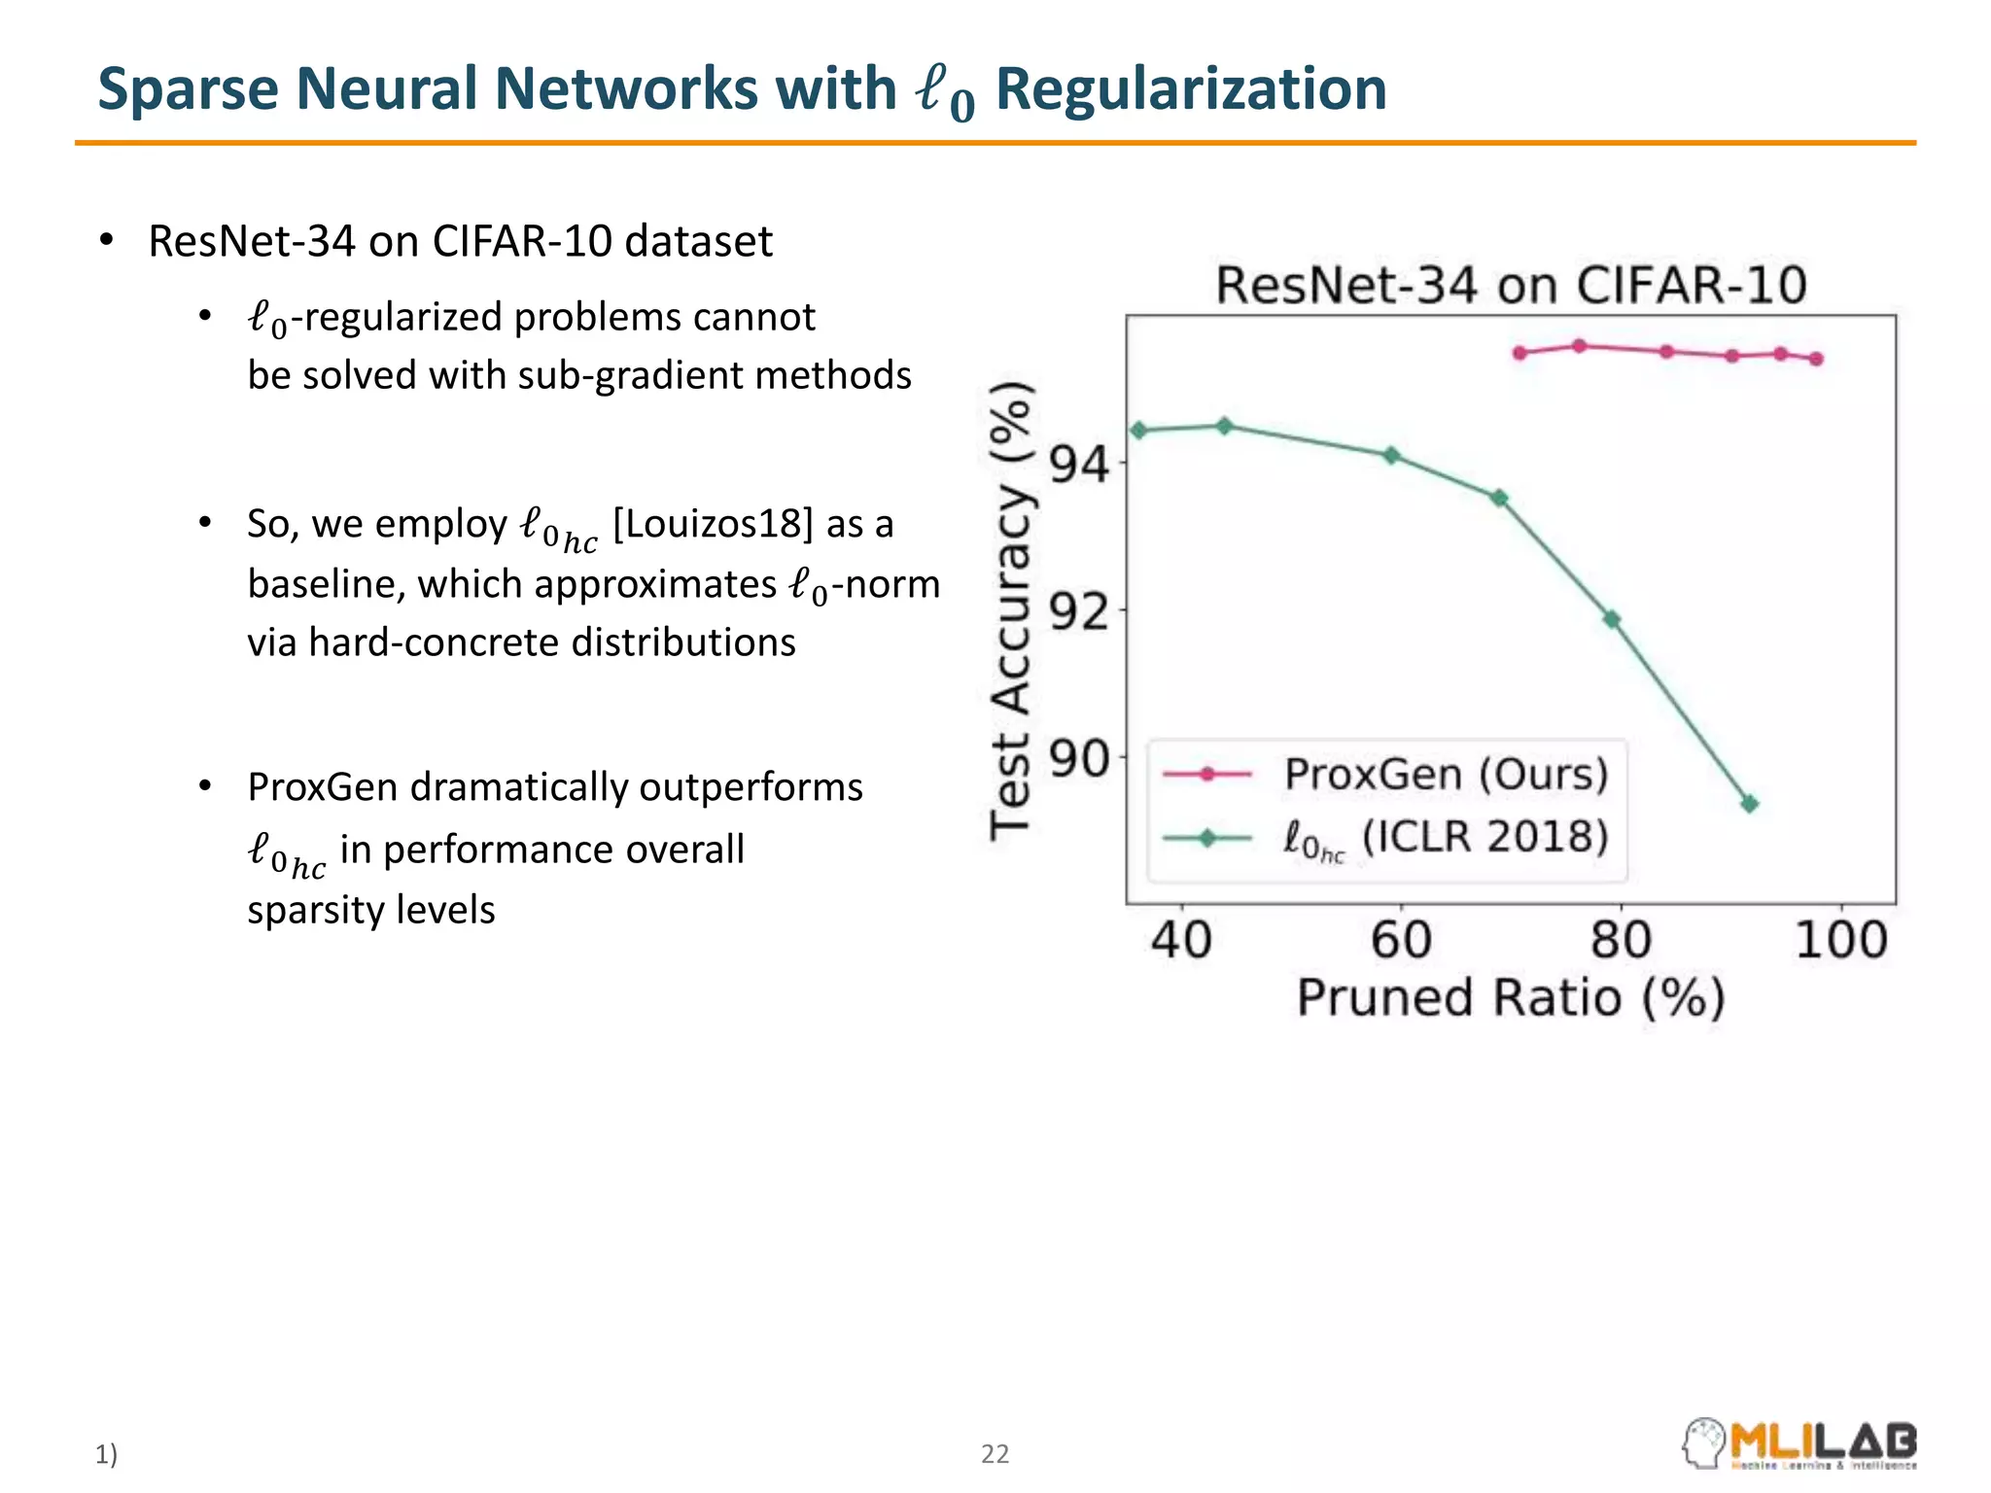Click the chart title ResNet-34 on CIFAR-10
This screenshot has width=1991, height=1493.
tap(1511, 286)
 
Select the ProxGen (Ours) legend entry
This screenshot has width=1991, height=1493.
tap(1446, 775)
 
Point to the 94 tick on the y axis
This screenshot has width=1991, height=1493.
tap(1079, 465)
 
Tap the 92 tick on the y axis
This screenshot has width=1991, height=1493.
tap(1079, 612)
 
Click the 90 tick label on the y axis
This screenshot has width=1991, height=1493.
tap(1079, 759)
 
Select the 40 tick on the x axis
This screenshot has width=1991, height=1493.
tap(1181, 940)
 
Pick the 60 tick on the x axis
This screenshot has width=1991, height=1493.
tap(1401, 940)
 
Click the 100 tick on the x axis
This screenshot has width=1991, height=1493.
tap(1840, 940)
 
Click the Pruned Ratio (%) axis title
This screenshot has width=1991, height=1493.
tap(1511, 998)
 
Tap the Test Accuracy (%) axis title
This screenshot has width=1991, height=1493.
tap(1010, 610)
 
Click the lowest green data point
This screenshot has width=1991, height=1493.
tap(1750, 804)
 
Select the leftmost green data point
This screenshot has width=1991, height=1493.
tap(1139, 431)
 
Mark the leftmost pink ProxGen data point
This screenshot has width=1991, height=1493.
tap(1520, 353)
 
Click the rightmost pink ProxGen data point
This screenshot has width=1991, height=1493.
tap(1817, 359)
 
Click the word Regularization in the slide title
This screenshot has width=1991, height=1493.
tap(1191, 89)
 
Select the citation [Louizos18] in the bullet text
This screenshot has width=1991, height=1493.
tap(713, 524)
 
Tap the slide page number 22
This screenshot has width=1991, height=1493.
tap(995, 1454)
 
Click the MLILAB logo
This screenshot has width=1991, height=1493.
tap(1800, 1443)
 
